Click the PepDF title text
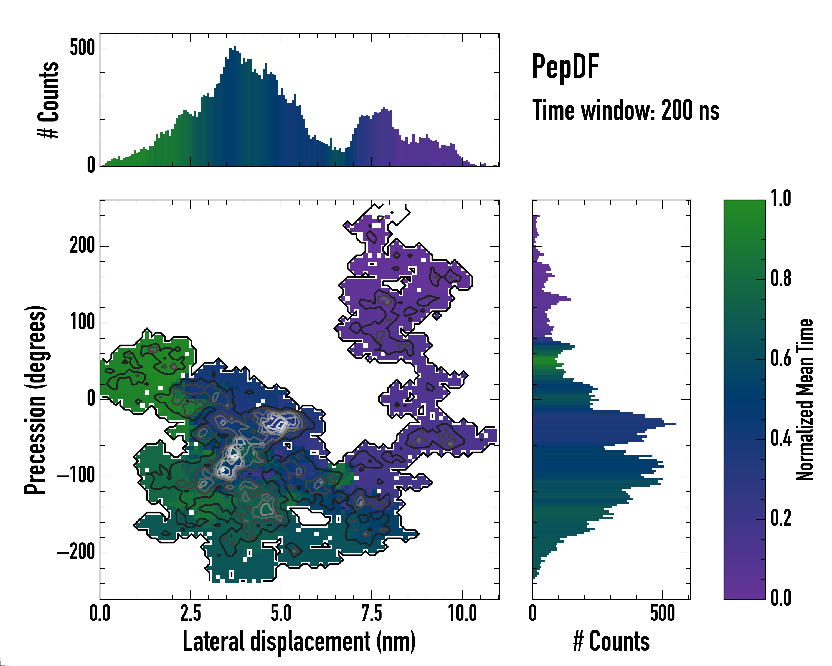[x=565, y=67]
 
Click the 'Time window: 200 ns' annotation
[x=626, y=111]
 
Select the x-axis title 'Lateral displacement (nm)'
[x=299, y=641]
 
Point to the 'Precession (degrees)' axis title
[x=35, y=400]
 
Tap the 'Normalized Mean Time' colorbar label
[x=804, y=400]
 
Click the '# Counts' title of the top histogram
[x=49, y=100]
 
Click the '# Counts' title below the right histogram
[x=611, y=641]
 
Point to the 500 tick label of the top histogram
[x=82, y=48]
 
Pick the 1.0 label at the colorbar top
[x=781, y=199]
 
